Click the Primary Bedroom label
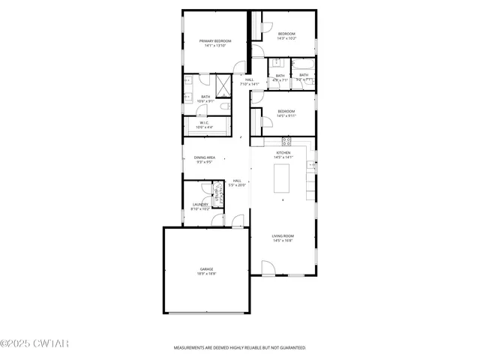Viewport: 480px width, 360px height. (214, 40)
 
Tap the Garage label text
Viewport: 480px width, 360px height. (206, 268)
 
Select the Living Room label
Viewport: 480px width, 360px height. (282, 235)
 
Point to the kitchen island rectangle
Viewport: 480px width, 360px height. (282, 179)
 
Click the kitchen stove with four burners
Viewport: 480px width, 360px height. (286, 141)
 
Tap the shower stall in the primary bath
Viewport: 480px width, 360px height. (223, 82)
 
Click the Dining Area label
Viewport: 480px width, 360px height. (205, 157)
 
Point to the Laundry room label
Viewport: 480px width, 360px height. (200, 204)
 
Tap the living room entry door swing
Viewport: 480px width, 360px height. (268, 267)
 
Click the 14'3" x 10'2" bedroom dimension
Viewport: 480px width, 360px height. (286, 38)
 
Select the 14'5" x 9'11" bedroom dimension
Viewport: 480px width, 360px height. (286, 115)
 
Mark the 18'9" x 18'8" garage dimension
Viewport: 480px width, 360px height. (206, 274)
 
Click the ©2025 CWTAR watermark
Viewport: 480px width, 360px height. (34, 343)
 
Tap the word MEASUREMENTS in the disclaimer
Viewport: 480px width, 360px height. (189, 348)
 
